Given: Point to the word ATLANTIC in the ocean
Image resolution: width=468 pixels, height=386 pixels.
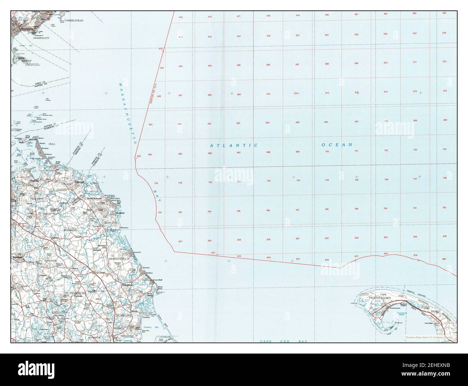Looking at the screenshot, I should pyautogui.click(x=234, y=145).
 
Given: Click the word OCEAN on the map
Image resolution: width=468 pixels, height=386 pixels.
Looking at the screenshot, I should pyautogui.click(x=337, y=145).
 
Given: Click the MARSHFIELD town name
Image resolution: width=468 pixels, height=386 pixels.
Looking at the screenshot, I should pyautogui.click(x=119, y=259).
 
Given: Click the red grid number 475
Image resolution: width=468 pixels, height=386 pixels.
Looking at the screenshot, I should pyautogui.click(x=181, y=17).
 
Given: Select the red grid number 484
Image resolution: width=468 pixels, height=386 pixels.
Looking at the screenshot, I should pyautogui.click(x=444, y=13).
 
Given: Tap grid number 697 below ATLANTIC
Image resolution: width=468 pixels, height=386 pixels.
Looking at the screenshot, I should pyautogui.click(x=239, y=153).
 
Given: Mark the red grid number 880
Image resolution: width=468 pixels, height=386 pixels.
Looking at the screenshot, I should pyautogui.click(x=444, y=259).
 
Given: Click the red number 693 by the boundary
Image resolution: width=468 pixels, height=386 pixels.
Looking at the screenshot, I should pyautogui.click(x=139, y=156).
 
